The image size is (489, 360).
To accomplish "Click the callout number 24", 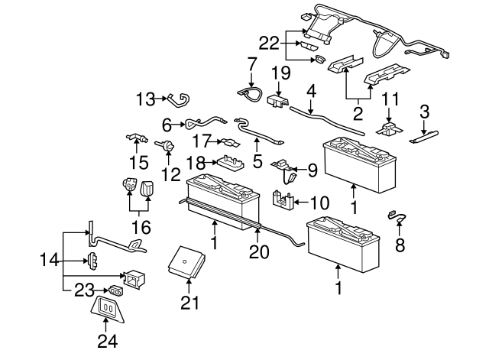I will pos(108,341).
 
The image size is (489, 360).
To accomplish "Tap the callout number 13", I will pos(145,98).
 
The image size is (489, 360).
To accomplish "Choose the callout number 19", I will pos(281,73).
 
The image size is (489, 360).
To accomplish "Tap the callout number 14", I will pos(48,261).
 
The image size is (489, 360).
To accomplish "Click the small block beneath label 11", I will pos(390,128).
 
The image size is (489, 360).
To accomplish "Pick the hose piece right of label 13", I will pos(180,99).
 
